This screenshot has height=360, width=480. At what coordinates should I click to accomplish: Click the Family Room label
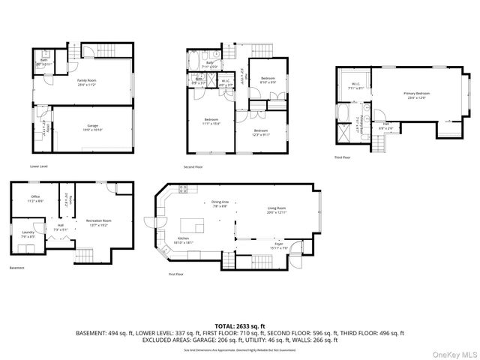90,80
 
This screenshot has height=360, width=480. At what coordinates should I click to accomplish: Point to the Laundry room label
28,234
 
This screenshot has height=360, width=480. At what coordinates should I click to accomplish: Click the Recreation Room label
99,223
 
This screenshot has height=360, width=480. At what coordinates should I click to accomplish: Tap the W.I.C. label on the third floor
356,85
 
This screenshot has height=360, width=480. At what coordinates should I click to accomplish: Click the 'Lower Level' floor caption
40,166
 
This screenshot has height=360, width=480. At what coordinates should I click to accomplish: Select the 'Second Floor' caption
193,166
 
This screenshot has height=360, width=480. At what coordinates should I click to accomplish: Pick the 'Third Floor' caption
342,157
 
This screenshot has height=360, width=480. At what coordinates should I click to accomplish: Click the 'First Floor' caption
175,274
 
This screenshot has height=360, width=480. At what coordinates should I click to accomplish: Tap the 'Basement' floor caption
16,268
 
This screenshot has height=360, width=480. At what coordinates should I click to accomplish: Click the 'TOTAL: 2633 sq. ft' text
239,326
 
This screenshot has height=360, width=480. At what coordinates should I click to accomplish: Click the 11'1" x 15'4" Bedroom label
210,121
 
